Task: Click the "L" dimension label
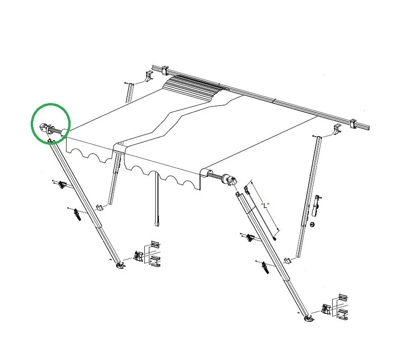point(265,206)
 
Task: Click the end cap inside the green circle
point(43,128)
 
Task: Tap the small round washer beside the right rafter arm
point(312,224)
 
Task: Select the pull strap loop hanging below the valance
point(157,222)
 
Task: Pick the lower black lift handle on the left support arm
point(77,214)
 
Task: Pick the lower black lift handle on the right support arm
point(265,267)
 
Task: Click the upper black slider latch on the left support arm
point(62,185)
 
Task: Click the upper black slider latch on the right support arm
point(250,237)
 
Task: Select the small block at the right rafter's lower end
point(287,260)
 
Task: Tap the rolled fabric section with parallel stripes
point(193,86)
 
